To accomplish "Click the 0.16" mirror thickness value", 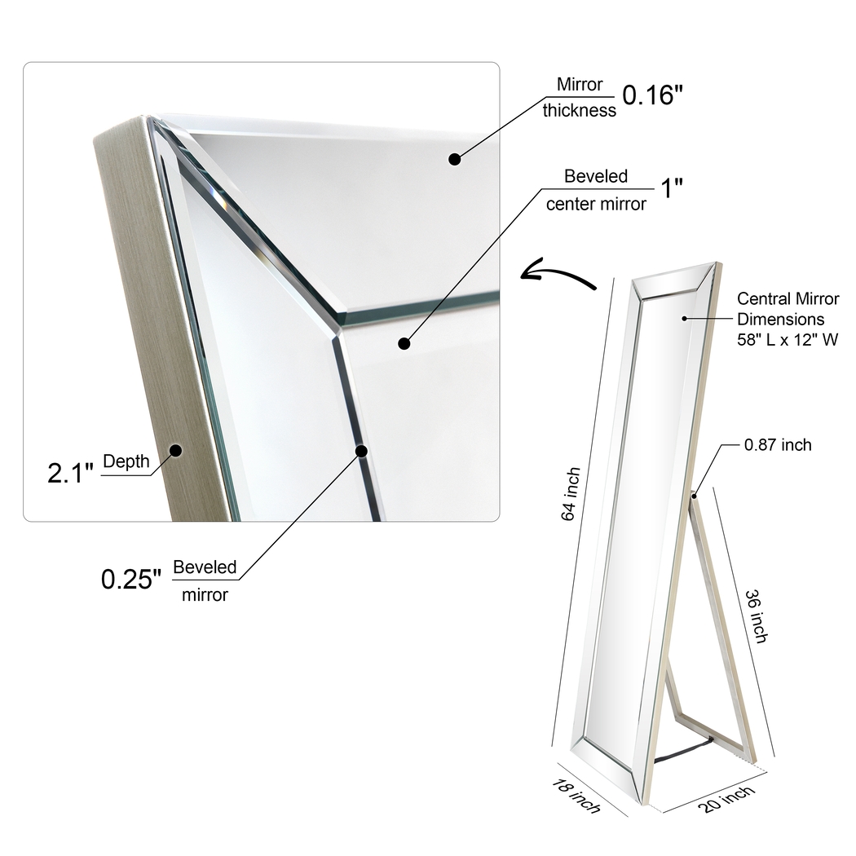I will coord(652,95).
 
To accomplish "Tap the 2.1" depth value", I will coord(71,472).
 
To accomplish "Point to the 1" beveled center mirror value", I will coord(671,188).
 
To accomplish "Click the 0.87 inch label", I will coord(778,444).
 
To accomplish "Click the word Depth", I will coord(126,461).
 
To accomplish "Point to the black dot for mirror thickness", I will coord(455,159).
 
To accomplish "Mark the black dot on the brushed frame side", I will coord(175,448).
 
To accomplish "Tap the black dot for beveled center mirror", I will coord(404,343).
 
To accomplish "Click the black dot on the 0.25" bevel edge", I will coord(361,450).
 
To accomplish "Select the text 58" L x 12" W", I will coord(788,341).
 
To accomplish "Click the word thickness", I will coord(580,111).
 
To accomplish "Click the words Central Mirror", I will coord(788,299).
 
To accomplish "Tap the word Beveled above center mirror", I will coord(596,176).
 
